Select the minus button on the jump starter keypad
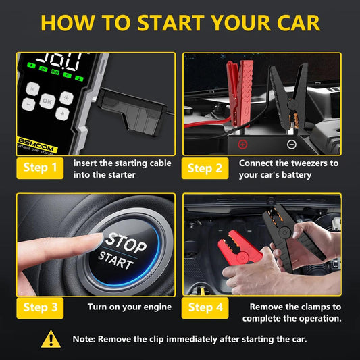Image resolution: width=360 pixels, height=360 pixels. (28, 105)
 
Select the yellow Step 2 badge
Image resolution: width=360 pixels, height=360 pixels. (205, 168)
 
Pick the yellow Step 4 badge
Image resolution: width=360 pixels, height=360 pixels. (205, 307)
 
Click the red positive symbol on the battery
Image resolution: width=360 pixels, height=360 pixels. (242, 144)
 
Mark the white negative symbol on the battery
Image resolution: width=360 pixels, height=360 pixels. (291, 144)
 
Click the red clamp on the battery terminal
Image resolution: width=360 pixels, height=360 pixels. (234, 95)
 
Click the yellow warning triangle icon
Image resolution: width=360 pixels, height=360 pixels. (51, 338)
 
